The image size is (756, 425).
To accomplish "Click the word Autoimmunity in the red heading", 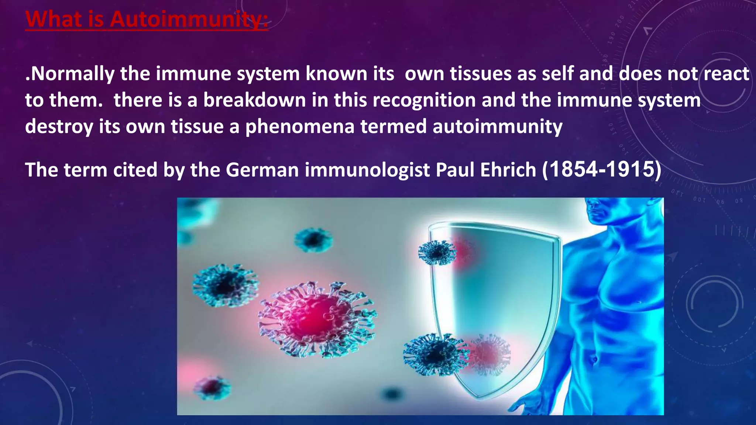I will click(x=188, y=19).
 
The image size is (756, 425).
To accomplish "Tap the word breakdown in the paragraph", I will click(x=255, y=100).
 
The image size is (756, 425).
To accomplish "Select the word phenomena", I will click(x=300, y=127).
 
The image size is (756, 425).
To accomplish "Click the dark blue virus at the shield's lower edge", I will click(x=436, y=354).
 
